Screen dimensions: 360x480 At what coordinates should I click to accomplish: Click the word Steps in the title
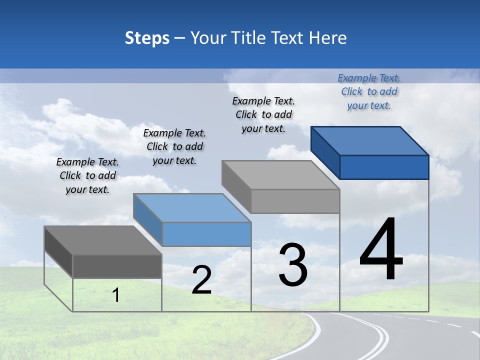(x=147, y=38)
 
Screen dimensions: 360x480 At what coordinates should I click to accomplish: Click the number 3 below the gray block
(x=293, y=265)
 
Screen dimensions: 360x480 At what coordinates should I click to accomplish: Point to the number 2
(x=201, y=280)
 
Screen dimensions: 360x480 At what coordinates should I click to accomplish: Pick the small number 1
(x=116, y=295)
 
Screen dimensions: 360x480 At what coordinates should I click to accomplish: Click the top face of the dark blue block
(x=370, y=140)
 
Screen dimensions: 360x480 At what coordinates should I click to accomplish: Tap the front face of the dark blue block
(x=384, y=167)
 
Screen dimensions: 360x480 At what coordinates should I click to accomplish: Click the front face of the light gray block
(x=295, y=201)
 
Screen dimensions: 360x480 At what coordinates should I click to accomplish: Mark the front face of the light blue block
(x=206, y=234)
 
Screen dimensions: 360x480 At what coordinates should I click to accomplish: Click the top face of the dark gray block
(x=103, y=240)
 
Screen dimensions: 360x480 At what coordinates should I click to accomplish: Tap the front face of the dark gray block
(x=117, y=266)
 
